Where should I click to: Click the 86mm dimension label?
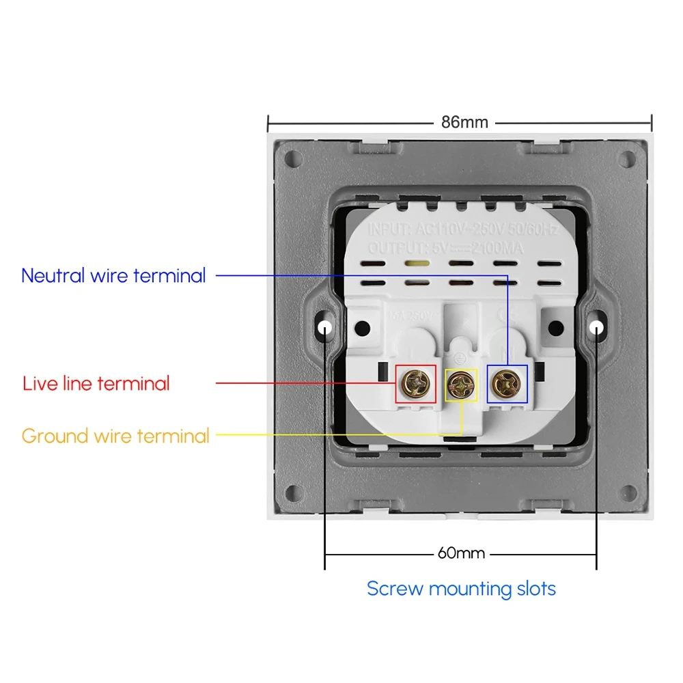pos(464,123)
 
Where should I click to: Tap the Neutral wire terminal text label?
pos(113,276)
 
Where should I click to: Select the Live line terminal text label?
pos(96,383)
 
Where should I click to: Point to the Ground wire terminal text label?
pos(115,436)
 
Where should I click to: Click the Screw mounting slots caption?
pos(461,589)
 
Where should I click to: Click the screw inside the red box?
pos(416,384)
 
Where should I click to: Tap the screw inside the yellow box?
pos(461,385)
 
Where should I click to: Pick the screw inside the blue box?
pos(507,384)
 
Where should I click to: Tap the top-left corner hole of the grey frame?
pos(294,159)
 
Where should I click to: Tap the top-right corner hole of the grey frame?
pos(626,159)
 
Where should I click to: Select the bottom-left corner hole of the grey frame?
pos(294,492)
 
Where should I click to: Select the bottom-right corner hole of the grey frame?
pos(626,492)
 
